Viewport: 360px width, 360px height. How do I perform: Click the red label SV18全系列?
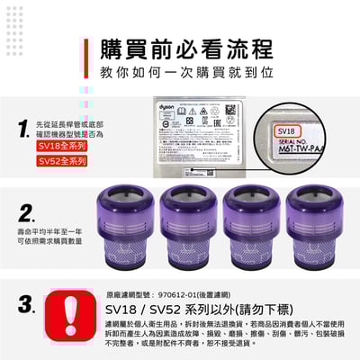pos(62,144)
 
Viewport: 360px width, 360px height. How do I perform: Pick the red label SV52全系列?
pos(62,161)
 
